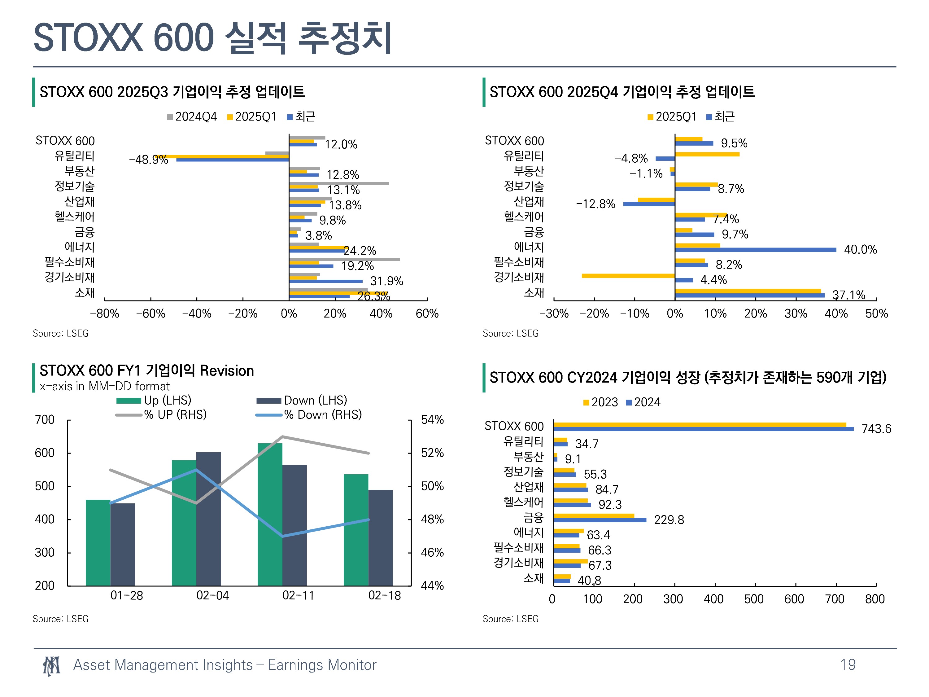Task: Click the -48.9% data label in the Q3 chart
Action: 148,160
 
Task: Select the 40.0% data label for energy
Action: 860,250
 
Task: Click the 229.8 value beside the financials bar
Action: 669,520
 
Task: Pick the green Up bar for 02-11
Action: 270,514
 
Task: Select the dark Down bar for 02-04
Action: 208,519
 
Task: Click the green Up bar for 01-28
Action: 98,542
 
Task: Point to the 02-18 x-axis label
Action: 384,595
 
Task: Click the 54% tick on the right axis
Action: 432,419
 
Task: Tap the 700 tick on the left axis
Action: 45,419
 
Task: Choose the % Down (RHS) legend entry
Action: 309,415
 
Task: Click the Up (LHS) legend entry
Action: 154,400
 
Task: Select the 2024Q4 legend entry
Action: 192,116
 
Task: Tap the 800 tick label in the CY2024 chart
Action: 875,599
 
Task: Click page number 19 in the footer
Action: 848,665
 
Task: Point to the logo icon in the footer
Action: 51,666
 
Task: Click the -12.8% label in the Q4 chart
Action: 595,204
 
